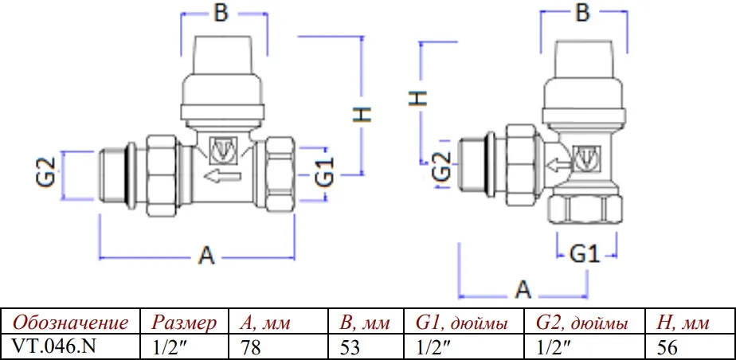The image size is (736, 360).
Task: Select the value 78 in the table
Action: pyautogui.click(x=250, y=347)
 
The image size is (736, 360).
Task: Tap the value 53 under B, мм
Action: pyautogui.click(x=349, y=347)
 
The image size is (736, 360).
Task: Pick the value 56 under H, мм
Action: pyautogui.click(x=667, y=347)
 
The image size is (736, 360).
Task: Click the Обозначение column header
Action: pyautogui.click(x=70, y=323)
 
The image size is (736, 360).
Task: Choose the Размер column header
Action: pyautogui.click(x=184, y=323)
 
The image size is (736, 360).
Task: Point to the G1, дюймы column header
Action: pyautogui.click(x=461, y=323)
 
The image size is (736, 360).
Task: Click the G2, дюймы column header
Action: pyautogui.click(x=582, y=323)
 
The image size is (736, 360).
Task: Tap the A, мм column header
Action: pyautogui.click(x=265, y=323)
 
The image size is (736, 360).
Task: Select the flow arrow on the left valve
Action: pyautogui.click(x=222, y=177)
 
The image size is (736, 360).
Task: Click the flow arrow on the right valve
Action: pyautogui.click(x=559, y=165)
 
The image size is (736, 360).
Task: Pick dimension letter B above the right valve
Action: pyautogui.click(x=582, y=14)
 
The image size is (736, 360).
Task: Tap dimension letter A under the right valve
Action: pyautogui.click(x=523, y=290)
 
